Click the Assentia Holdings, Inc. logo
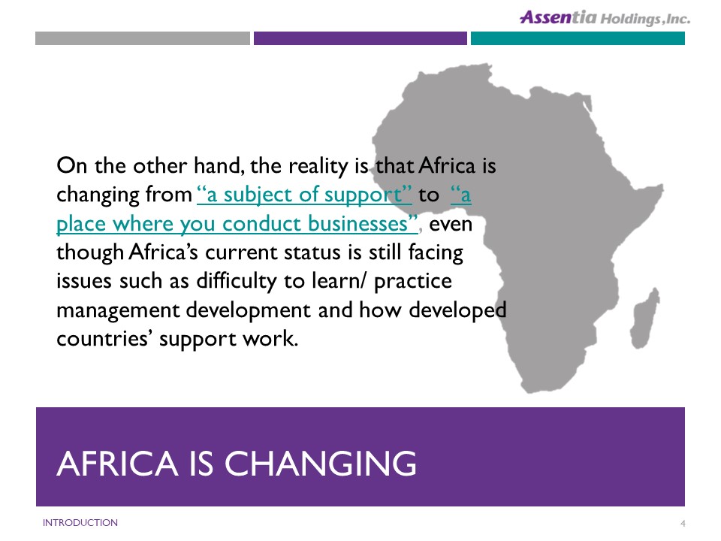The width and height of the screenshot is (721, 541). click(605, 18)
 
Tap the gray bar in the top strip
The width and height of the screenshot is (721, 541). click(143, 38)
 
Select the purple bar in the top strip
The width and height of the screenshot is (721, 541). click(360, 38)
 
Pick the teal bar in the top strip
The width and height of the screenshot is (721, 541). click(578, 38)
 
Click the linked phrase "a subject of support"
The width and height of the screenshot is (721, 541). click(304, 195)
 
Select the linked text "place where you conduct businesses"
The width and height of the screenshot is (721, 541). click(237, 224)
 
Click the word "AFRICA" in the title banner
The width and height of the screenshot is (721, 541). click(117, 463)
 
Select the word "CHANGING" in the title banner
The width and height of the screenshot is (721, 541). click(320, 463)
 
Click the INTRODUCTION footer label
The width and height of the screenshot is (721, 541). click(80, 523)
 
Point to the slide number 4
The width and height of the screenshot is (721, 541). click(683, 523)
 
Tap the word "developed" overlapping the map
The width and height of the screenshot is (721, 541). click(457, 310)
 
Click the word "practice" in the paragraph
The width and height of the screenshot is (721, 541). click(413, 282)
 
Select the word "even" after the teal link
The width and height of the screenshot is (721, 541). click(451, 225)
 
